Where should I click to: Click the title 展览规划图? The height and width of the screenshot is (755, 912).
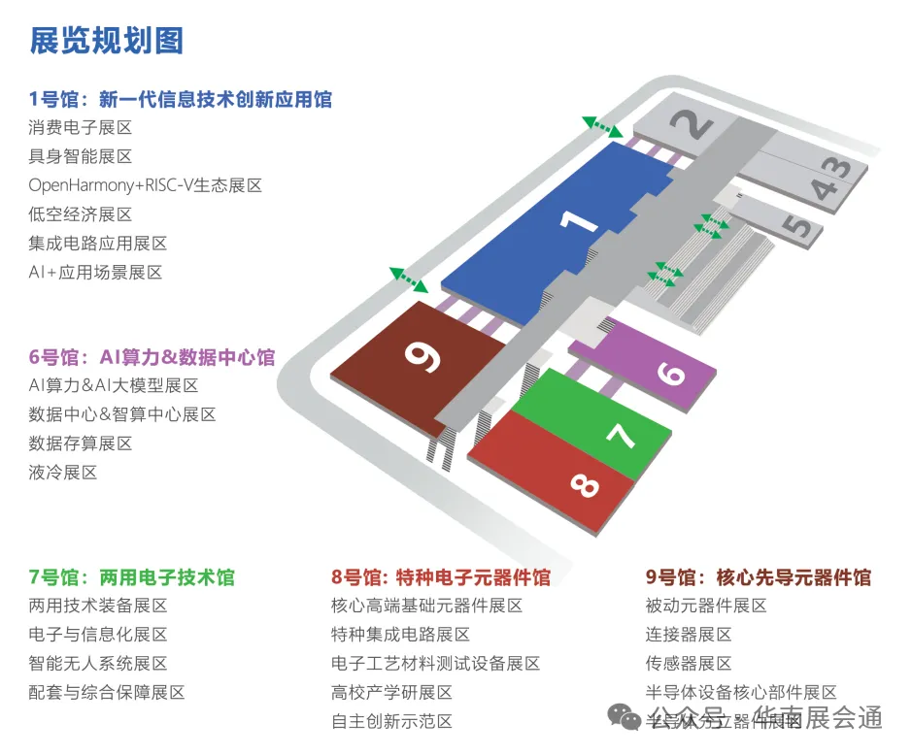tap(106, 41)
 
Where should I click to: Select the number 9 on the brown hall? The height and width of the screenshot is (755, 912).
tap(424, 355)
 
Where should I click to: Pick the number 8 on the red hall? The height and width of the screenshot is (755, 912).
tap(585, 482)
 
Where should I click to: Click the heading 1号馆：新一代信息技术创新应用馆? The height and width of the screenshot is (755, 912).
tap(181, 99)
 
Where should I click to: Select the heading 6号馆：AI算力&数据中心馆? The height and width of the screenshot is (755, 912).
tap(152, 357)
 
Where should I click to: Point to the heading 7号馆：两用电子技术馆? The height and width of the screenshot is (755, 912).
tap(131, 577)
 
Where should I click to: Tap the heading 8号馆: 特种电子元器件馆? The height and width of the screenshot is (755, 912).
tap(441, 577)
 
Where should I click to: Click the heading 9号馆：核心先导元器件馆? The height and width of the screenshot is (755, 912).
tap(759, 577)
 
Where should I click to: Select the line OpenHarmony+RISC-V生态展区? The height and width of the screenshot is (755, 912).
tap(145, 185)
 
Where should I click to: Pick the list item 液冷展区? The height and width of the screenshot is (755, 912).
tap(63, 473)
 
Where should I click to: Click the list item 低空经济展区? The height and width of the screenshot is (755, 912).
tap(81, 214)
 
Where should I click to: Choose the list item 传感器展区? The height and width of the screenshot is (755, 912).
tap(689, 664)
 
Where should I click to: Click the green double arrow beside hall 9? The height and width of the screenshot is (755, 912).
tap(409, 279)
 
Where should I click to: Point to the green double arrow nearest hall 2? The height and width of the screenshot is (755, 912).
tap(602, 127)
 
